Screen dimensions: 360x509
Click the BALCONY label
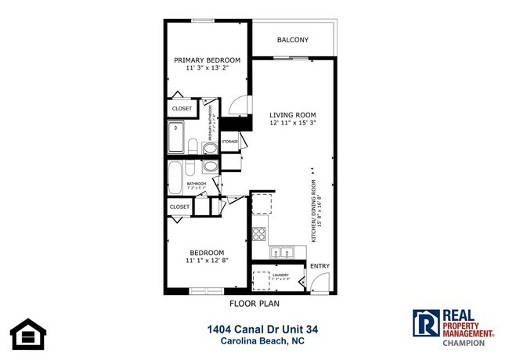[293, 40]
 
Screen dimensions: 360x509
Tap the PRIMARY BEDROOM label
[207, 60]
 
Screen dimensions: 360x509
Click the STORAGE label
[229, 142]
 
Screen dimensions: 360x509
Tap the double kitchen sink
[282, 252]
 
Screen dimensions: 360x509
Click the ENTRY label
[319, 266]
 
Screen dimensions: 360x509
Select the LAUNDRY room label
[280, 275]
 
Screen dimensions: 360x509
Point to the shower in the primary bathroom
[176, 137]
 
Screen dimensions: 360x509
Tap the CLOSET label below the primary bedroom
[182, 109]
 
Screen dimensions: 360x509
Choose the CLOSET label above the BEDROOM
[179, 207]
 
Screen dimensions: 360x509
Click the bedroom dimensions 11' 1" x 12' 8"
[207, 261]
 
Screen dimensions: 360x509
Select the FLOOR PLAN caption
[254, 303]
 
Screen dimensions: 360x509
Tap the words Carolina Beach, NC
[253, 342]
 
